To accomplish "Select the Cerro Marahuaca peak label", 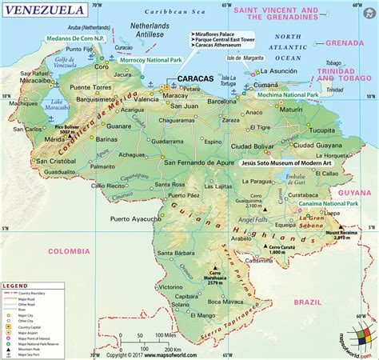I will coord(213,278).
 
